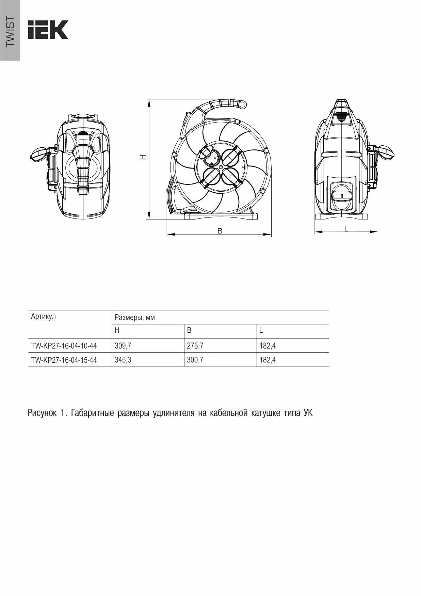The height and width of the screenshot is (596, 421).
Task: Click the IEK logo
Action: [x=48, y=30]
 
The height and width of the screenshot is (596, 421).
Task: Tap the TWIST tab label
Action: [x=10, y=32]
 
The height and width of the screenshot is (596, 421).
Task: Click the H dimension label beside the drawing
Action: [x=144, y=157]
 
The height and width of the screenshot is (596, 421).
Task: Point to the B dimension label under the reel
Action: [x=220, y=231]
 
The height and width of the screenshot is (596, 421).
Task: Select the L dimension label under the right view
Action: [x=346, y=229]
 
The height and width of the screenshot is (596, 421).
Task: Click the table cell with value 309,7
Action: [x=123, y=346]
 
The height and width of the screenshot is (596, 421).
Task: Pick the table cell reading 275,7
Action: [x=195, y=346]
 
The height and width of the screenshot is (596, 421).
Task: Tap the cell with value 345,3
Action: [x=123, y=360]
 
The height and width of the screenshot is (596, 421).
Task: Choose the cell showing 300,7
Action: [x=195, y=360]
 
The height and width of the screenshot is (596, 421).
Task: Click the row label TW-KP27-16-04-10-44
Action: [x=64, y=346]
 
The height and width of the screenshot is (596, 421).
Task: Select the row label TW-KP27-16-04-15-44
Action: [x=64, y=360]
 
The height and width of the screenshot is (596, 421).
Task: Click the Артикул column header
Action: [x=43, y=317]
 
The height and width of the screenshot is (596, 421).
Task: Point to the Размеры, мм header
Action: [x=135, y=318]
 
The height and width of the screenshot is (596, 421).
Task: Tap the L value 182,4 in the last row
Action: [x=268, y=360]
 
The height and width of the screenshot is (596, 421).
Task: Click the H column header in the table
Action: [x=117, y=331]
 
